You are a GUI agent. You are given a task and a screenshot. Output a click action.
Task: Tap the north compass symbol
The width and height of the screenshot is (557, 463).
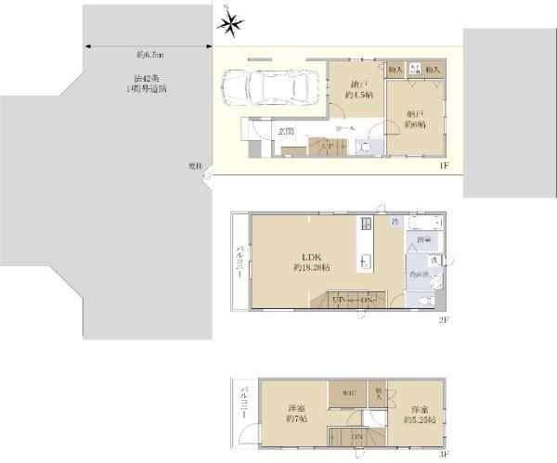click(231, 24)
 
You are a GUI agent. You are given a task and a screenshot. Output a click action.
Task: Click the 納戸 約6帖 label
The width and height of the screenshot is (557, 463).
click(415, 121)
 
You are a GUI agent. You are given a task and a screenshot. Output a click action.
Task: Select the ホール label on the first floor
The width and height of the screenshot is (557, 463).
click(343, 126)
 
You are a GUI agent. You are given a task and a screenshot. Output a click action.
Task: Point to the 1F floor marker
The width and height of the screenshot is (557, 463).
click(444, 165)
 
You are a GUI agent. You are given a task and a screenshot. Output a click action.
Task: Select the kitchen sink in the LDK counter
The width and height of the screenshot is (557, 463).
click(365, 259)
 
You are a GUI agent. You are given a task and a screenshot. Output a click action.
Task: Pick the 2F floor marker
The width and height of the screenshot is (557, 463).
click(444, 320)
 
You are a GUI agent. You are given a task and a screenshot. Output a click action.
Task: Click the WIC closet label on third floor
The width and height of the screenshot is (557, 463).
click(348, 392)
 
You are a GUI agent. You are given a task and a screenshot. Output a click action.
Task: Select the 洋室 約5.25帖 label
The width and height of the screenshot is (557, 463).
click(414, 415)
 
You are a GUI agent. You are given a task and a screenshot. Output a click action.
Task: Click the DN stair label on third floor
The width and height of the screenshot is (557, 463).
click(357, 437)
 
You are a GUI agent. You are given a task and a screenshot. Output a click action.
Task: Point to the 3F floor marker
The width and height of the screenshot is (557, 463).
click(444, 454)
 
